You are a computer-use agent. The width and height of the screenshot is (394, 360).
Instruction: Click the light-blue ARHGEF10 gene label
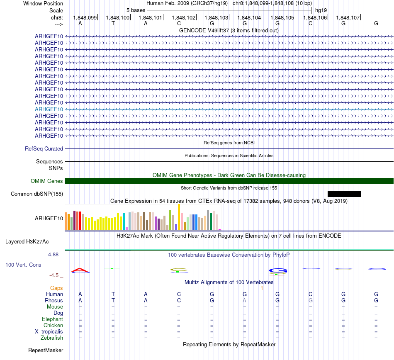click(49, 109)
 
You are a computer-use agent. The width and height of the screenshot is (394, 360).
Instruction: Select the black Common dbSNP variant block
click(344, 194)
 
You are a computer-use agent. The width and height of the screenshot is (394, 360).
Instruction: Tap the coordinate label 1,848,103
click(216, 17)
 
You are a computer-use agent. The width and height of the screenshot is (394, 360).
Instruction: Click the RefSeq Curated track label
click(44, 148)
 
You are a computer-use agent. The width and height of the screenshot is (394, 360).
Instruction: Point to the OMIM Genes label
click(47, 181)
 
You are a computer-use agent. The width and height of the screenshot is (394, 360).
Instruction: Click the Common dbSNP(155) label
click(37, 194)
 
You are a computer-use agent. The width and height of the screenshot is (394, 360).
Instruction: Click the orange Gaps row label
click(56, 288)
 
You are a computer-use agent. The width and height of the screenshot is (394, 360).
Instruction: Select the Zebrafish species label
click(52, 338)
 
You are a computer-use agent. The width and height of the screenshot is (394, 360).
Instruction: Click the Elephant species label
click(52, 319)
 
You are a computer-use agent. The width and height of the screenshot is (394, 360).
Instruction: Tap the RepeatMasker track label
click(46, 350)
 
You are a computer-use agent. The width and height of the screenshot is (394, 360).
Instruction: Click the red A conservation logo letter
click(80, 271)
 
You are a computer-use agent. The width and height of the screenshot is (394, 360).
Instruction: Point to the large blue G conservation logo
click(278, 271)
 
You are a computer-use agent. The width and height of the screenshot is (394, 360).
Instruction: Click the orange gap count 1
click(262, 288)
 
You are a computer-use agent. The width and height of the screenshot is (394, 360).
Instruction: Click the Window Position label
click(43, 3)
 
